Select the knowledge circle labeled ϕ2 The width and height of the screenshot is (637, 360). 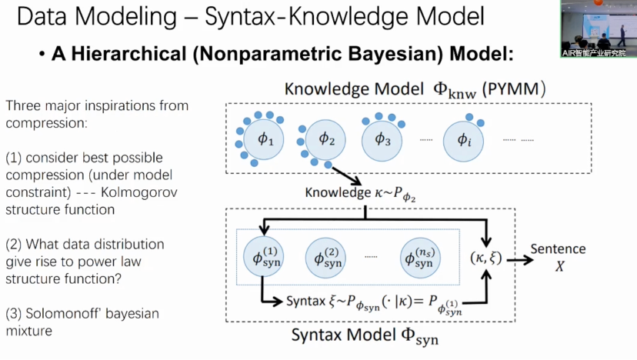[327, 139]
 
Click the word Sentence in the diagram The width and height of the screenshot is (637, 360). [558, 248]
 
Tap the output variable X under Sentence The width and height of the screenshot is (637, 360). [558, 266]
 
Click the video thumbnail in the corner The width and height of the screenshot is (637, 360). [598, 28]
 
